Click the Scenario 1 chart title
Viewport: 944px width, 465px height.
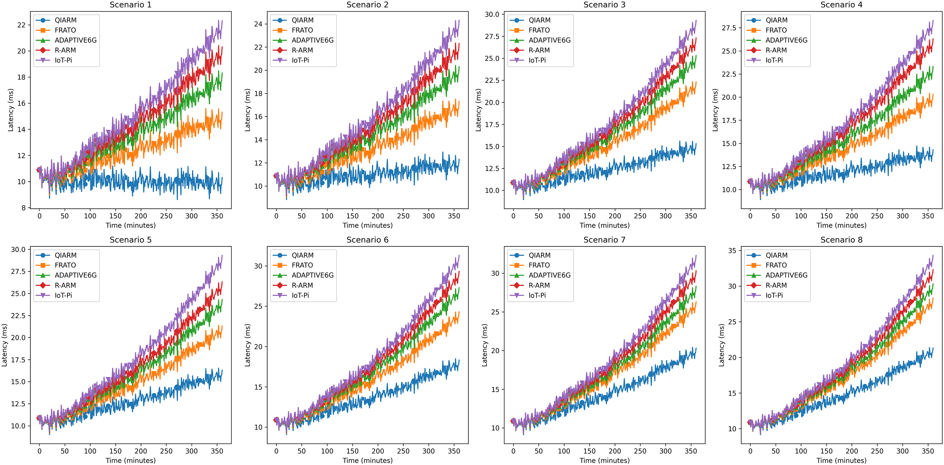point(130,5)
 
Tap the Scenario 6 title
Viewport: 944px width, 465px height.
point(367,240)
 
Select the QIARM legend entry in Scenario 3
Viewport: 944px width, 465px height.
point(539,20)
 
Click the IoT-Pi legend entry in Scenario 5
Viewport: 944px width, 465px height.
point(63,295)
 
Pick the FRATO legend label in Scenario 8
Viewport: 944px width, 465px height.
point(776,265)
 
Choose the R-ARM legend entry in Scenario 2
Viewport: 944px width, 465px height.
point(302,50)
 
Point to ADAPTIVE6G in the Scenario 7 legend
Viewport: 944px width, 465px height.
point(549,275)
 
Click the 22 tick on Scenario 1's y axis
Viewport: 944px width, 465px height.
point(21,25)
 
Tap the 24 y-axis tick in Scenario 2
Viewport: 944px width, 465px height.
point(258,24)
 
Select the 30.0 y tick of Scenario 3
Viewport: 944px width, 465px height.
point(492,14)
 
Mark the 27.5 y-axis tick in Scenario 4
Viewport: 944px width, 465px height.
point(729,28)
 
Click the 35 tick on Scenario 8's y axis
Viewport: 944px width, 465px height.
point(732,251)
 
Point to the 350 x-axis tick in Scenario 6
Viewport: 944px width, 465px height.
point(454,451)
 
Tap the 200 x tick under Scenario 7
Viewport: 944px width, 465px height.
point(615,451)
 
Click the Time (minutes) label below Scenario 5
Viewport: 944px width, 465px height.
point(130,460)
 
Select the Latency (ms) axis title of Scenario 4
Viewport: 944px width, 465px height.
point(715,110)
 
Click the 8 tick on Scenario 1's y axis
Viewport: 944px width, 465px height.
point(24,208)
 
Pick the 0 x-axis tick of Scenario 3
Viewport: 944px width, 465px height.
point(513,216)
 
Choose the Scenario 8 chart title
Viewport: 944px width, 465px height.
point(841,240)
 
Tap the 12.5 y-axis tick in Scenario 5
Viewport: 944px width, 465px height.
point(18,404)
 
